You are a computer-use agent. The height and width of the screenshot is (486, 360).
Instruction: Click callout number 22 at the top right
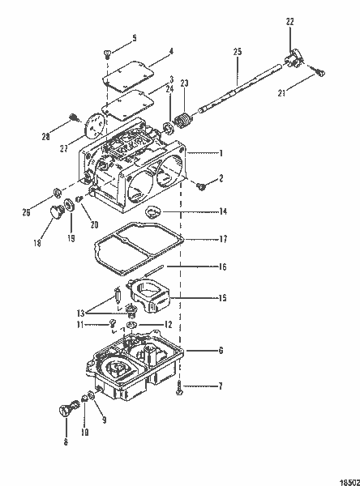click(289, 22)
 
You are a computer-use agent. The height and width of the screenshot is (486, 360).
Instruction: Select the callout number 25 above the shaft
click(238, 52)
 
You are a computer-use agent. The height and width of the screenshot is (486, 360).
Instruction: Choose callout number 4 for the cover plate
click(171, 51)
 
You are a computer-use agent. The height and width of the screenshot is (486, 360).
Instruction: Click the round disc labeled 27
click(94, 126)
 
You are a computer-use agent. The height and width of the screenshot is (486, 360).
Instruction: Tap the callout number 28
click(45, 137)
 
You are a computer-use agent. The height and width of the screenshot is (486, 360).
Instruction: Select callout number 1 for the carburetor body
click(221, 153)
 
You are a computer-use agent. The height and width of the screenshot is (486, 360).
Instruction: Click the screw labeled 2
click(201, 186)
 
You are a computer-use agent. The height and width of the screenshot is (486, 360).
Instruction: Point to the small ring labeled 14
click(153, 212)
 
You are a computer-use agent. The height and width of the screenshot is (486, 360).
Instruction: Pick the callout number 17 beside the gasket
click(223, 239)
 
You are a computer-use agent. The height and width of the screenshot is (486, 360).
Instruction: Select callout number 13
click(80, 313)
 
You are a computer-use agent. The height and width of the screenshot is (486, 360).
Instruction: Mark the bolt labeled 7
click(179, 388)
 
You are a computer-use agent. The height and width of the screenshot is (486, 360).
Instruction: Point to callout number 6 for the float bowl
click(221, 351)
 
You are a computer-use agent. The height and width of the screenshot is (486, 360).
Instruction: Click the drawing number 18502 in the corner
click(349, 482)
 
